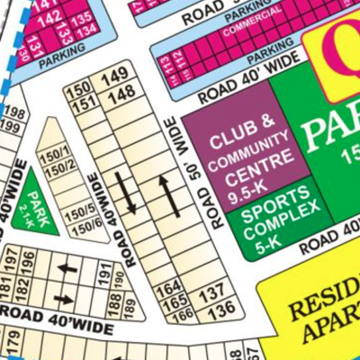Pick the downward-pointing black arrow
tap(128, 194)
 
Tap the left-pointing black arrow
tap(67, 268)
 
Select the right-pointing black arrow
tap(64, 298)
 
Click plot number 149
tap(115, 78)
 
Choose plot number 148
tap(121, 93)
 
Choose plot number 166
tap(183, 316)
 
